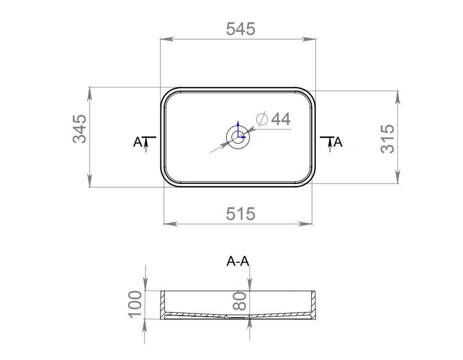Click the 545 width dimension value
tap(241, 29)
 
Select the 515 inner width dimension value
tap(241, 214)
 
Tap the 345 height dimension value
tap(80, 129)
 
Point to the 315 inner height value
tap(387, 139)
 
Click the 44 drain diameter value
tap(281, 119)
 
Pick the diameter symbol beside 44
tap(262, 119)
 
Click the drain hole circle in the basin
tap(238, 137)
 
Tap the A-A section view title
tap(238, 261)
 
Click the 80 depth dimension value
tap(239, 301)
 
